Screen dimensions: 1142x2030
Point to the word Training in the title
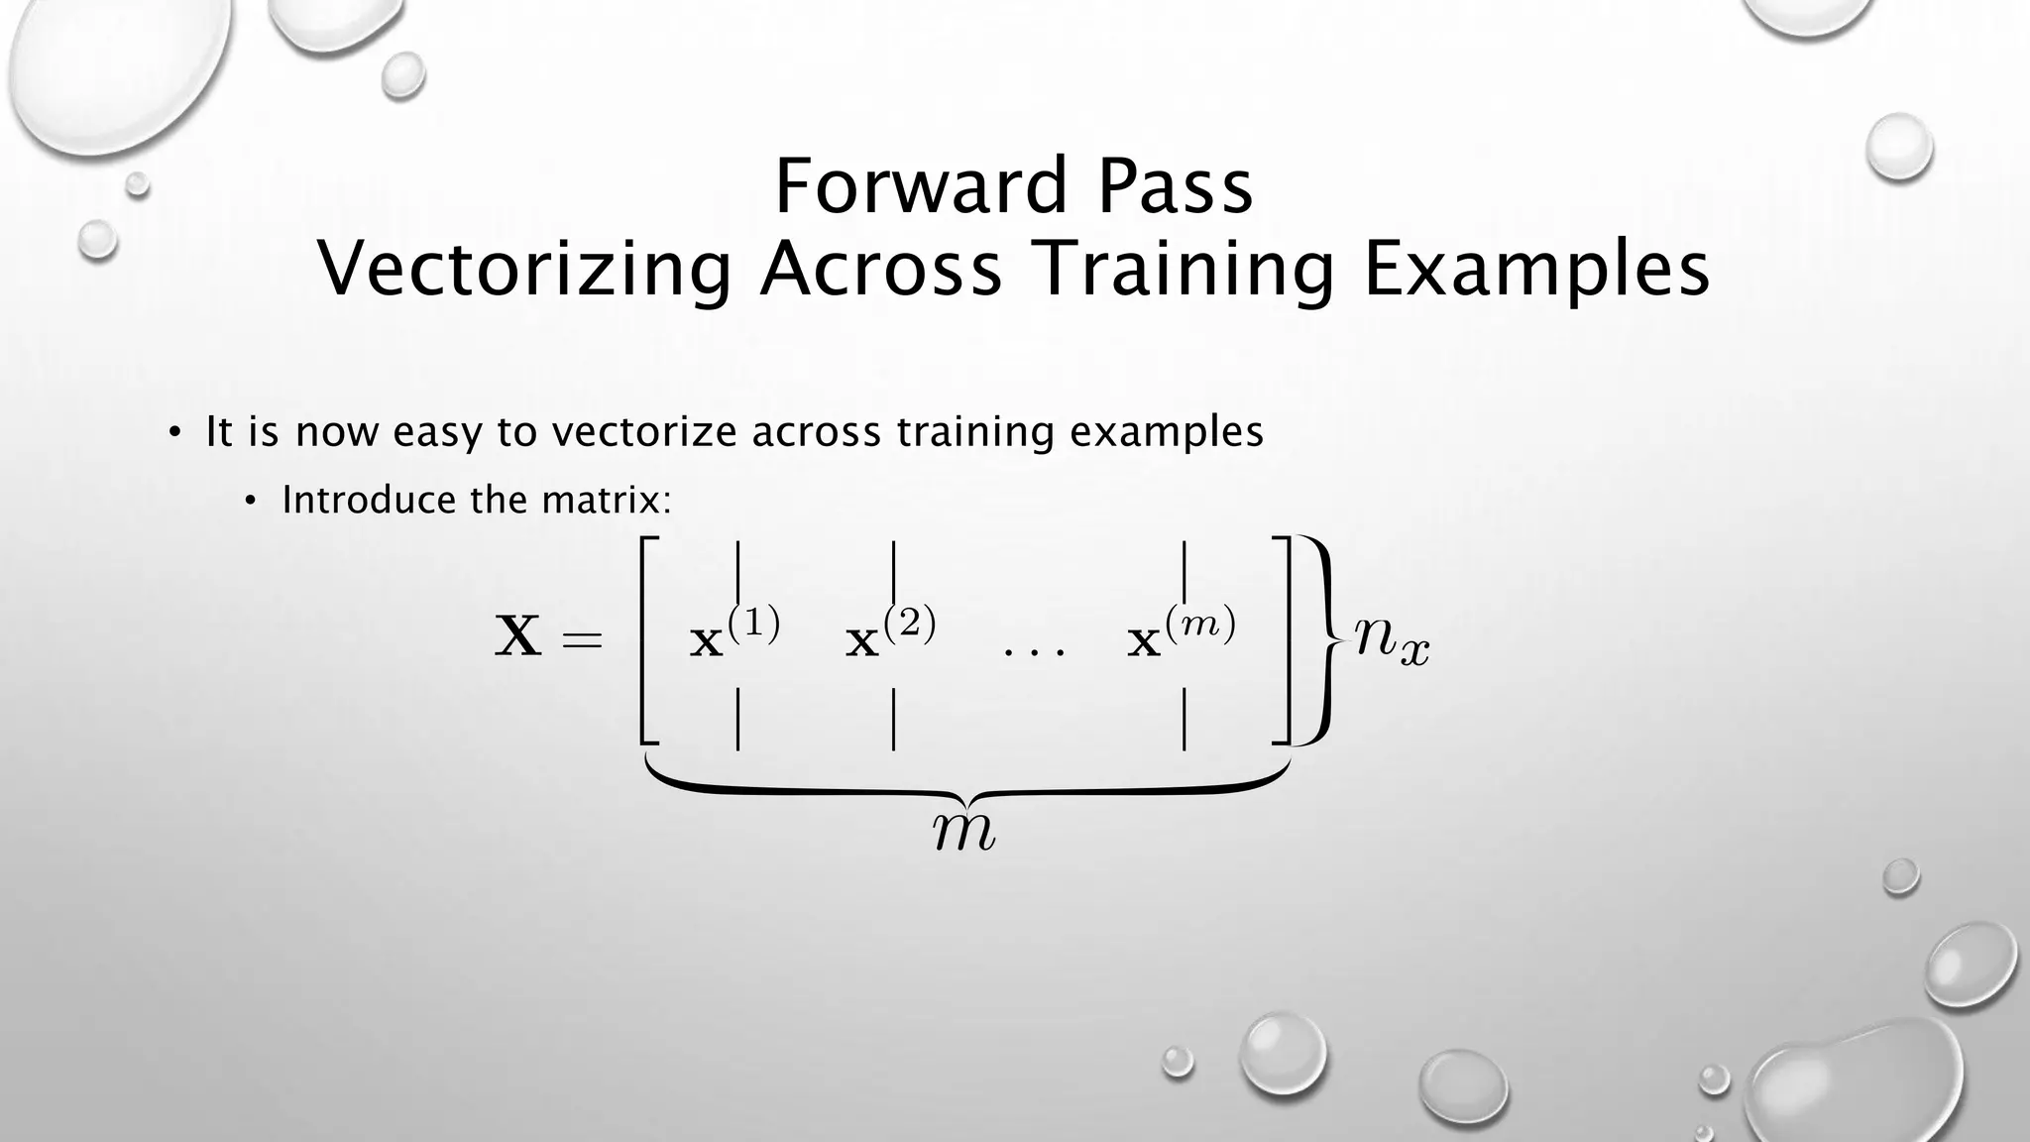(x=1184, y=270)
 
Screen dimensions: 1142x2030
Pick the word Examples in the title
(x=1536, y=270)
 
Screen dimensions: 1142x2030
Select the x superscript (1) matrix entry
(x=734, y=635)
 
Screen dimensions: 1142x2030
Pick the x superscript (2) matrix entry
(x=890, y=635)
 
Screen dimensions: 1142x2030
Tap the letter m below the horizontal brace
(x=964, y=832)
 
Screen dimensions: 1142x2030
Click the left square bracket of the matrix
(x=648, y=639)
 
